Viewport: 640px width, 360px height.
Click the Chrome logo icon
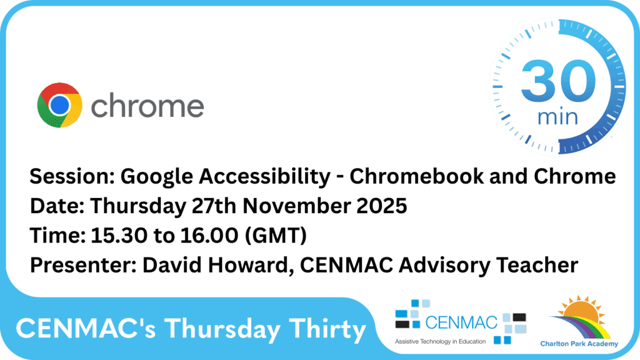click(59, 105)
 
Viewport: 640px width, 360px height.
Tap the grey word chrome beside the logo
click(147, 106)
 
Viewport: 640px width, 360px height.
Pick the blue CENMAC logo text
click(461, 322)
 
